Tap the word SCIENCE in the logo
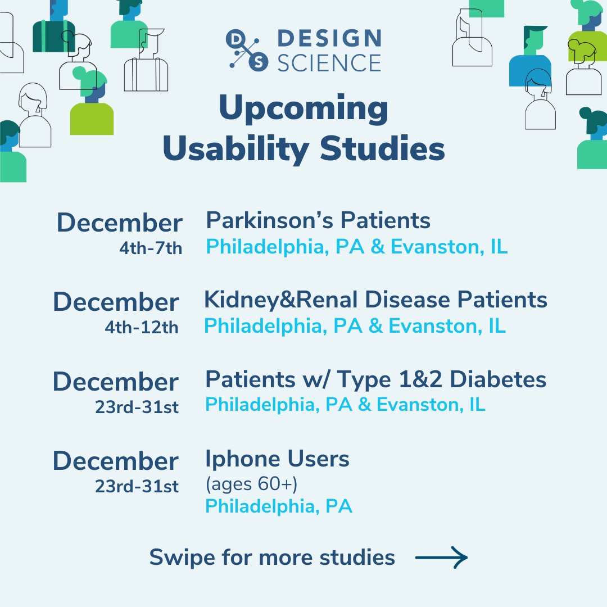point(329,62)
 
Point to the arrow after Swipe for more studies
point(441,558)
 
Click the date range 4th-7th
point(151,248)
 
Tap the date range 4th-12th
point(142,328)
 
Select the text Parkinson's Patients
point(318,220)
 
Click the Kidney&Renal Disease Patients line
point(375,300)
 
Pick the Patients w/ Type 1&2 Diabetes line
point(375,379)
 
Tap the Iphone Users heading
point(277,459)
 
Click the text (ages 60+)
point(251,484)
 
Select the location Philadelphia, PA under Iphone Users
point(279,506)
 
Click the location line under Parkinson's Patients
point(357,247)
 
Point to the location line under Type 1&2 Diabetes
point(345,405)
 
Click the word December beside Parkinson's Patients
point(119,223)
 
